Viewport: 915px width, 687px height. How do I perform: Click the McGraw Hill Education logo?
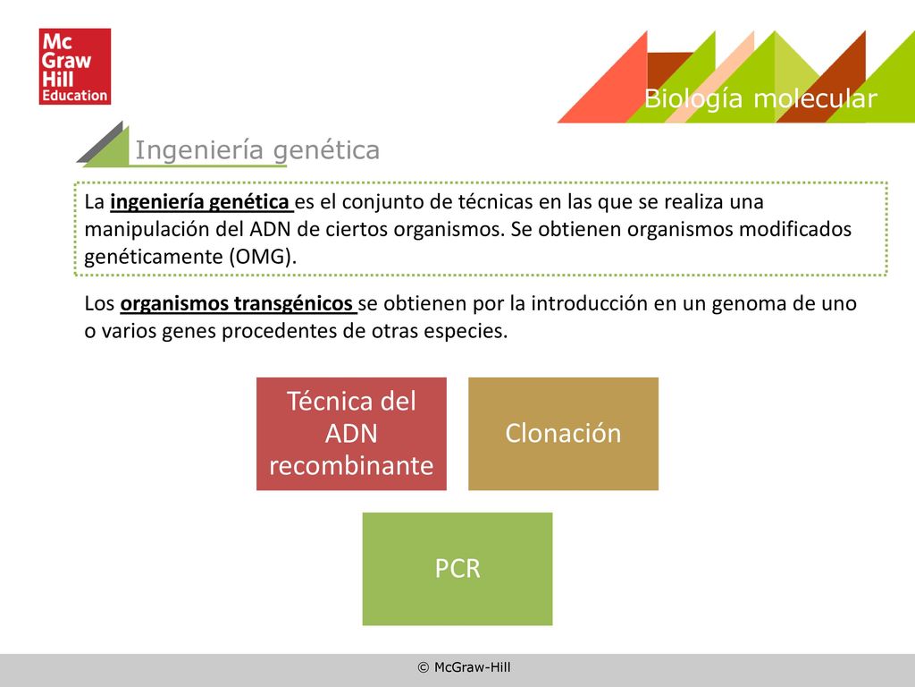tap(75, 66)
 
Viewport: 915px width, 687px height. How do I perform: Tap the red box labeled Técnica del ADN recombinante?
tap(351, 434)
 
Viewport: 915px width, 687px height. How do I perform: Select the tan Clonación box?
tap(563, 434)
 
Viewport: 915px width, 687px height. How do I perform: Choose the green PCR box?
tap(457, 569)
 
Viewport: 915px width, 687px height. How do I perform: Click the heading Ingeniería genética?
tap(257, 150)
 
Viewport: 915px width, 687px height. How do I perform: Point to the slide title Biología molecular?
tap(760, 98)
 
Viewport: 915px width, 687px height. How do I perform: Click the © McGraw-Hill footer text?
tap(464, 667)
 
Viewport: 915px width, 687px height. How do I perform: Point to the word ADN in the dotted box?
tap(270, 229)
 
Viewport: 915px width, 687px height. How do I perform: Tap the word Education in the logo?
tap(75, 95)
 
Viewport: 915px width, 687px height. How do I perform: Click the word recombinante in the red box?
tap(351, 465)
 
